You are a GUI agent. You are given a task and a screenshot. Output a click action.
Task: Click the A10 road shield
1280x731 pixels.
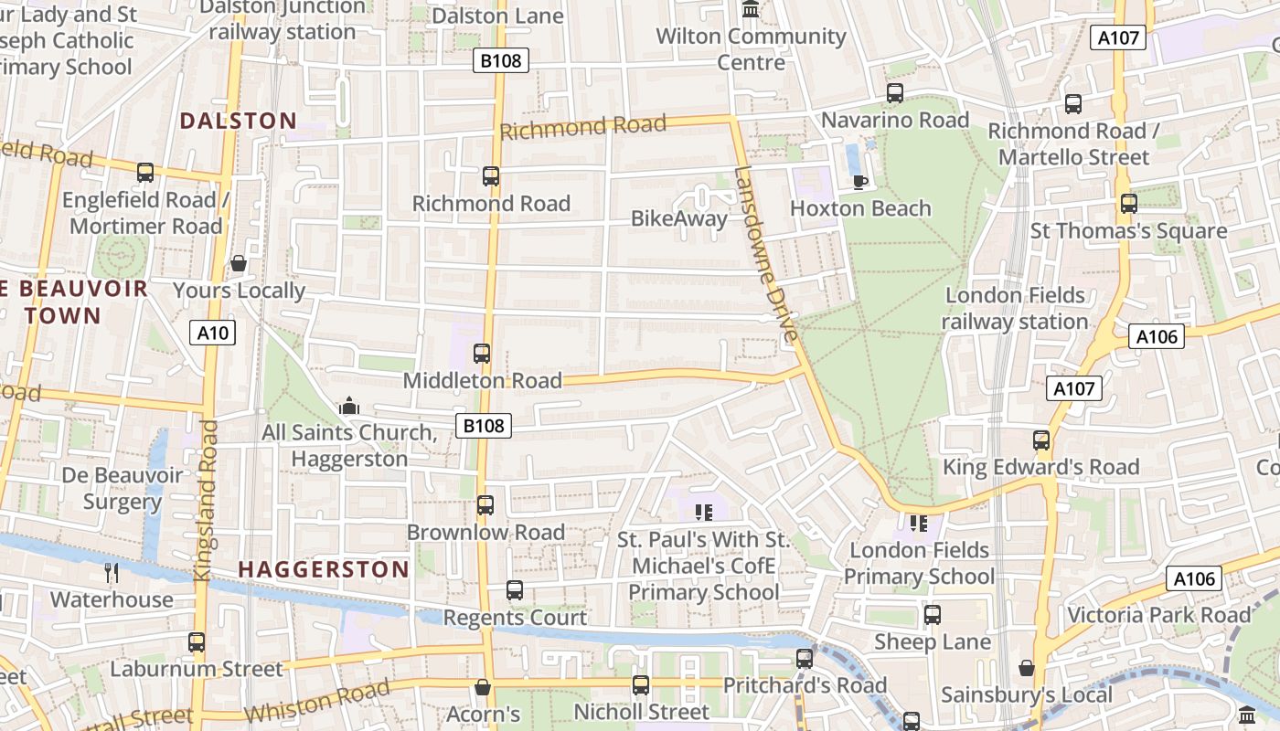213,333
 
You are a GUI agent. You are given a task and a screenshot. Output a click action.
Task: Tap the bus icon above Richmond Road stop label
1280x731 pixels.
491,176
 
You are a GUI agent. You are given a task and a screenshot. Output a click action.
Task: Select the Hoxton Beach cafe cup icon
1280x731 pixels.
860,182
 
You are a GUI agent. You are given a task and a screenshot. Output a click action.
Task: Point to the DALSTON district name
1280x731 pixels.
239,121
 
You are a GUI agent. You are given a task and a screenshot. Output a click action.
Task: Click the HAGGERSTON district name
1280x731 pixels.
325,569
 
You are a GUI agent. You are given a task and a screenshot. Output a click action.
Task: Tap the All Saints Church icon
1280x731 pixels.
348,405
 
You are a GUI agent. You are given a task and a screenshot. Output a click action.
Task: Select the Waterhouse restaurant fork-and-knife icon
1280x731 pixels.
112,573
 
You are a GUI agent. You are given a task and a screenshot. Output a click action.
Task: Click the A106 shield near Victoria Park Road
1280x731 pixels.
1194,578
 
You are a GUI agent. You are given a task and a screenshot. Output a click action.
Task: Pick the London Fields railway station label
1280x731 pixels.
1015,308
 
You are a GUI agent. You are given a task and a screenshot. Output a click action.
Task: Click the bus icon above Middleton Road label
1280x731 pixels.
482,354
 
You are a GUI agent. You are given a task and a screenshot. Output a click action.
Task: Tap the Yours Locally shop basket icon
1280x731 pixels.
239,264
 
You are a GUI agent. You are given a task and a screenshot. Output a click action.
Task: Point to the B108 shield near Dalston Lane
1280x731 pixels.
501,61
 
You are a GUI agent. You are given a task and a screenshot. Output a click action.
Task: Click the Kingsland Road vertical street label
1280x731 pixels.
205,501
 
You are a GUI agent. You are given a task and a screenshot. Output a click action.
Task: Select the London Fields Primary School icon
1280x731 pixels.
919,523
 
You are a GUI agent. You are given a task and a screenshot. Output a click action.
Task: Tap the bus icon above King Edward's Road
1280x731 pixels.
1041,440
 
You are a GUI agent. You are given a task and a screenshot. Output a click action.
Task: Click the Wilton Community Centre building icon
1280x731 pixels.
752,10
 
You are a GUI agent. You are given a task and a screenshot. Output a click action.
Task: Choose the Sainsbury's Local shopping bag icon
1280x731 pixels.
1027,668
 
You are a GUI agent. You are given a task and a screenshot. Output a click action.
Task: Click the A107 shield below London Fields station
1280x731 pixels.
1073,388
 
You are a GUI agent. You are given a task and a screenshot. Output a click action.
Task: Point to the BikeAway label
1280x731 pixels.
679,218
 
